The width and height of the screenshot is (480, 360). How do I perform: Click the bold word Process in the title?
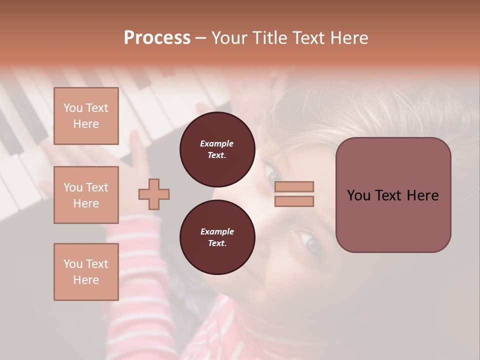157,38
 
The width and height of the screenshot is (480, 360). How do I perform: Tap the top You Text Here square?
86,116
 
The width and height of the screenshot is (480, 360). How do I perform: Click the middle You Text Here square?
86,195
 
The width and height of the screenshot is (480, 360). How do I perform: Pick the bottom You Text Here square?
86,271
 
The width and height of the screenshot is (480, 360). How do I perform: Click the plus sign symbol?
154,194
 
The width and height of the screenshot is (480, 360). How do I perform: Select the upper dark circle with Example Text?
217,149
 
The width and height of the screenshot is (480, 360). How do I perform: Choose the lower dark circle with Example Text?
217,237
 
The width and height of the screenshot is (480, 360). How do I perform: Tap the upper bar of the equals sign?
294,186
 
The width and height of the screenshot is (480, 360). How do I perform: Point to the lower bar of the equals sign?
294,201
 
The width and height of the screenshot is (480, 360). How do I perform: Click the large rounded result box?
393,195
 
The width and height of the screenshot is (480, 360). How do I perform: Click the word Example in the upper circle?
217,143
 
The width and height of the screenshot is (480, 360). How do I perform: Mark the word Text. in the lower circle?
217,243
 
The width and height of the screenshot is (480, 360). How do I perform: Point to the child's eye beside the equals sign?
273,176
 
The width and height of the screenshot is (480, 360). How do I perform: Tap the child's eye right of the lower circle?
310,243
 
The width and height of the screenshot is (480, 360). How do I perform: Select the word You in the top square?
73,108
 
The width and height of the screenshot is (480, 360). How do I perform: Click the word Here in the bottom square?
86,280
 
